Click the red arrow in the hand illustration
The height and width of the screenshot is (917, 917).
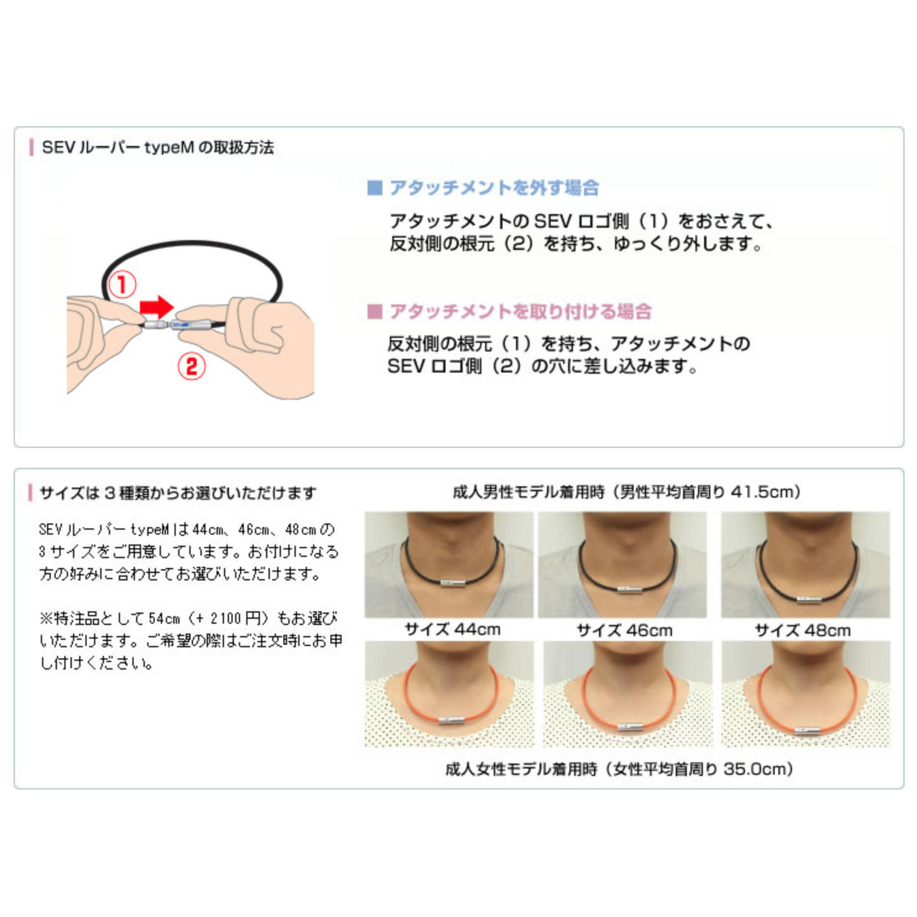tap(157, 307)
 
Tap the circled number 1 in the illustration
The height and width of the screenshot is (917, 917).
tap(122, 284)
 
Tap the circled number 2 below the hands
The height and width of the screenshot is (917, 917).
tap(191, 366)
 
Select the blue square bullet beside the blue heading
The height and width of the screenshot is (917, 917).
tap(374, 188)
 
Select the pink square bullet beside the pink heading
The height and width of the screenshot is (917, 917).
tap(374, 312)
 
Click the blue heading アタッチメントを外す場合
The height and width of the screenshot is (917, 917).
tap(494, 188)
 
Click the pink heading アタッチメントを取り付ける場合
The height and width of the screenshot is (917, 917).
tap(520, 312)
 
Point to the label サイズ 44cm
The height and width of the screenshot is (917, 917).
tap(452, 629)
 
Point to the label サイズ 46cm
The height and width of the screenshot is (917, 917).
tap(624, 630)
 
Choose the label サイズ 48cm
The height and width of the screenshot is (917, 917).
tap(803, 630)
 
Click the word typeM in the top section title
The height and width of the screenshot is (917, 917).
tap(169, 148)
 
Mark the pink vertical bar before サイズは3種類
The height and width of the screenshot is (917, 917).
tap(30, 492)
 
